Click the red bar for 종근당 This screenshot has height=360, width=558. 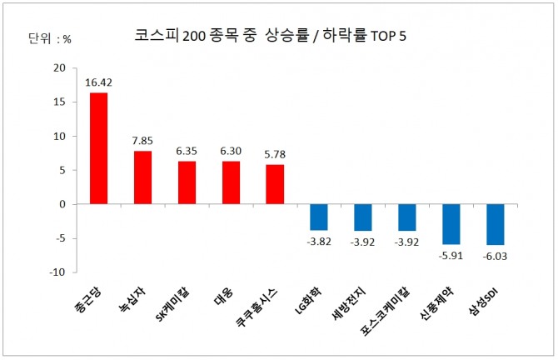[98, 148]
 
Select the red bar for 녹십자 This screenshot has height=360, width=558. [142, 177]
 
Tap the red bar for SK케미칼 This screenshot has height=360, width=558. [187, 182]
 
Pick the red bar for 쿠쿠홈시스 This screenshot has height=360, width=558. [275, 184]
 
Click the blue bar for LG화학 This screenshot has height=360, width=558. [319, 217]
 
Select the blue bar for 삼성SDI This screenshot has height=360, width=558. [496, 224]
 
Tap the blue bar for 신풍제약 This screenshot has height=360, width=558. [451, 224]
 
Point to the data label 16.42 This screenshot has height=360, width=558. [98, 82]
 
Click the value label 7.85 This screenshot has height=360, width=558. [142, 142]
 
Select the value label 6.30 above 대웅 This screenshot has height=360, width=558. [231, 152]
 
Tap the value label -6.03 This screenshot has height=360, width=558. [496, 255]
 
